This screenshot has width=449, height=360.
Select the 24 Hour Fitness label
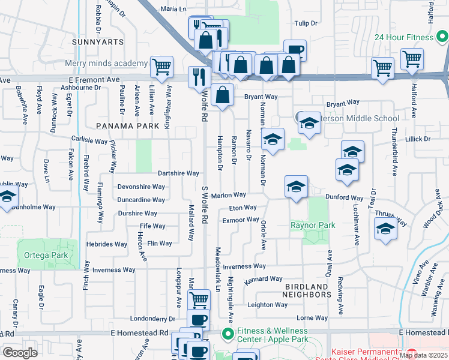pyautogui.click(x=403, y=37)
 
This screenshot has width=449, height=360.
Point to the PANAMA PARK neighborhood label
pyautogui.click(x=128, y=126)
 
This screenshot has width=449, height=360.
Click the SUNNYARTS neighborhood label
pyautogui.click(x=97, y=42)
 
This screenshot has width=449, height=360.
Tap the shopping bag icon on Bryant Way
pyautogui.click(x=222, y=95)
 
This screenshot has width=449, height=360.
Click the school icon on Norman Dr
pyautogui.click(x=273, y=140)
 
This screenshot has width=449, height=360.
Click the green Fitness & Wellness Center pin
pyautogui.click(x=227, y=334)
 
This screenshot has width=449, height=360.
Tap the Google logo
pyautogui.click(x=20, y=353)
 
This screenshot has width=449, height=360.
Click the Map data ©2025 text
pyautogui.click(x=423, y=355)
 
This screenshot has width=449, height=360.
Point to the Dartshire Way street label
pyautogui.click(x=178, y=173)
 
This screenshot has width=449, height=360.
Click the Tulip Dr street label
pyautogui.click(x=305, y=23)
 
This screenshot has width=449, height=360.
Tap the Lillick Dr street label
pyautogui.click(x=418, y=139)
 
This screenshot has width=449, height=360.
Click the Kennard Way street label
pyautogui.click(x=264, y=279)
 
